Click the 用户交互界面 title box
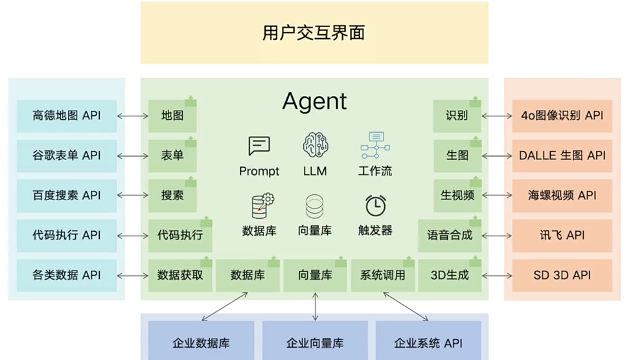click(x=314, y=32)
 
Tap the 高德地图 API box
click(x=67, y=116)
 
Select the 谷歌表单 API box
click(x=67, y=155)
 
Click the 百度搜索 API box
click(x=67, y=195)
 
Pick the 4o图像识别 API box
click(x=562, y=116)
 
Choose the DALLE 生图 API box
click(x=562, y=155)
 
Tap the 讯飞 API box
click(x=562, y=235)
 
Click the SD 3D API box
click(x=562, y=275)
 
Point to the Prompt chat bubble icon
click(x=259, y=146)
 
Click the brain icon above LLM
click(x=316, y=145)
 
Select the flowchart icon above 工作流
click(x=375, y=146)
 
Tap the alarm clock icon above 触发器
click(x=376, y=205)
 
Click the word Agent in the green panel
click(x=315, y=102)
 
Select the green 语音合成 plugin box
click(x=450, y=235)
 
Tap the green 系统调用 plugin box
click(x=382, y=275)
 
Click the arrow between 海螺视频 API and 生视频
click(x=497, y=195)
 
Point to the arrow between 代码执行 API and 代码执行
click(x=133, y=235)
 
